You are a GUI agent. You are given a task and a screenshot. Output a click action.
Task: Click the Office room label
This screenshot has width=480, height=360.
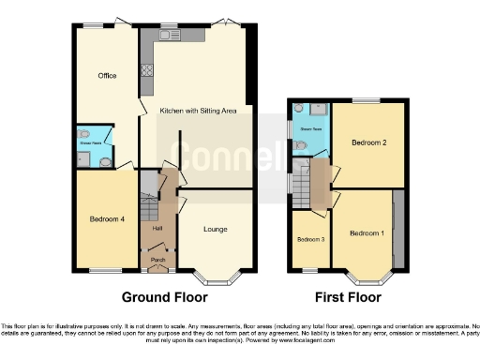tap(107, 76)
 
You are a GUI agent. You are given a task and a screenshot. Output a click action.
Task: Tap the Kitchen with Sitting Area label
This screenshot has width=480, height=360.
tap(197, 111)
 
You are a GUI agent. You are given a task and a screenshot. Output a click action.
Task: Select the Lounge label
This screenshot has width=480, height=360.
tap(216, 229)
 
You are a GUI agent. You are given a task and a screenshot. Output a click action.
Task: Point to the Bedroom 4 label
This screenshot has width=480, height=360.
tap(107, 219)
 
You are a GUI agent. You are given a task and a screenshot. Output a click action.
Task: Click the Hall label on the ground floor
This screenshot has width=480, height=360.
tap(158, 228)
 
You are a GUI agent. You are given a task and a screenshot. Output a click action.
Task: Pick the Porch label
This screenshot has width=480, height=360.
tap(158, 260)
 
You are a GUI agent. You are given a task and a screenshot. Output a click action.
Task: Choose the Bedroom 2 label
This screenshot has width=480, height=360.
tap(369, 142)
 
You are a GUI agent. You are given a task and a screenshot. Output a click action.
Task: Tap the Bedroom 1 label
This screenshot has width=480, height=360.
tap(367, 232)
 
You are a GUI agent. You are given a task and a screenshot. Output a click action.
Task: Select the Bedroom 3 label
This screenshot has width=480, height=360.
tap(310, 240)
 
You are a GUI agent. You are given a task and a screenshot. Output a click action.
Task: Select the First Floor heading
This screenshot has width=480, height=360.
tap(346, 297)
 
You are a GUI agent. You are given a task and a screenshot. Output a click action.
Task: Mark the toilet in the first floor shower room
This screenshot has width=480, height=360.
tap(300, 145)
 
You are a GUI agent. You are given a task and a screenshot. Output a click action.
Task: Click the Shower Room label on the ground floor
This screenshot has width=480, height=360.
tap(90, 137)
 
